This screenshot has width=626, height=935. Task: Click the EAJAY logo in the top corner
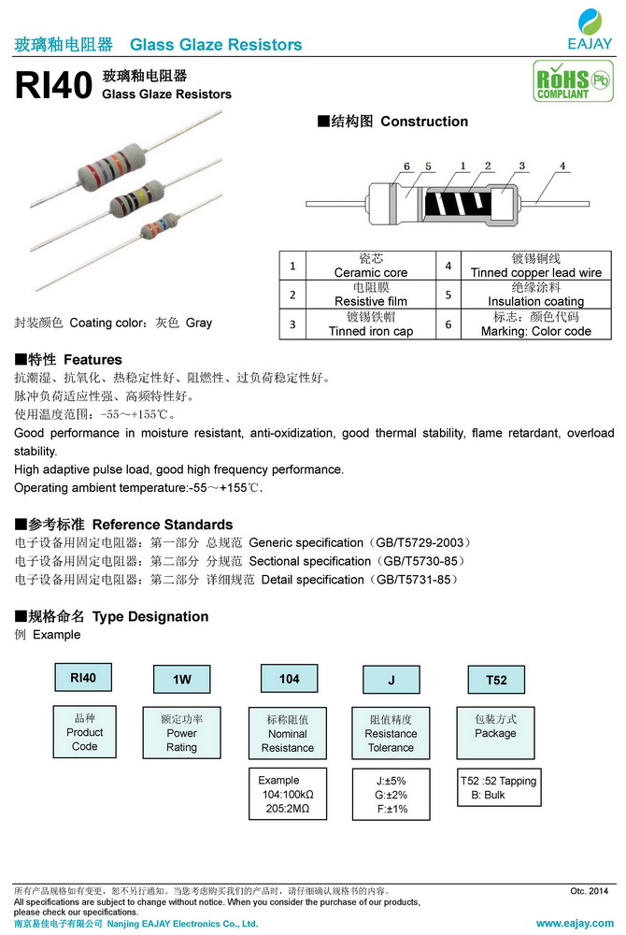(590, 28)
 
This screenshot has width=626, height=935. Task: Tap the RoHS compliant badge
(563, 81)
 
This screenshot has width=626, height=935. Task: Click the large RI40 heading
(53, 85)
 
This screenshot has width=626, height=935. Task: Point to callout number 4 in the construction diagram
(562, 166)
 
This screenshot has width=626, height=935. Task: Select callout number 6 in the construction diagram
(407, 166)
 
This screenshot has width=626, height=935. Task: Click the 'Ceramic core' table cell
(370, 266)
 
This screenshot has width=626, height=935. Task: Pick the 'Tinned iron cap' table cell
(370, 324)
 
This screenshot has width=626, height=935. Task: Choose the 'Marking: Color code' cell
(535, 324)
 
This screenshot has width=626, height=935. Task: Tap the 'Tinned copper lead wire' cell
(535, 266)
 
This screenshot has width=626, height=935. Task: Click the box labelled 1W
(181, 679)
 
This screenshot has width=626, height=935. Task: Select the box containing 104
(290, 679)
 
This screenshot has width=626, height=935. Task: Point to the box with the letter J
(391, 680)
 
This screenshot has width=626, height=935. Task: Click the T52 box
(496, 680)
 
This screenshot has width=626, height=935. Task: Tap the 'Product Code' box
(84, 732)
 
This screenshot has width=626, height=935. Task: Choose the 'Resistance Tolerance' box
(391, 734)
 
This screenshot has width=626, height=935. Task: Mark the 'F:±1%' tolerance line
(392, 809)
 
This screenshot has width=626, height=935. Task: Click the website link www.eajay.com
(574, 923)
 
